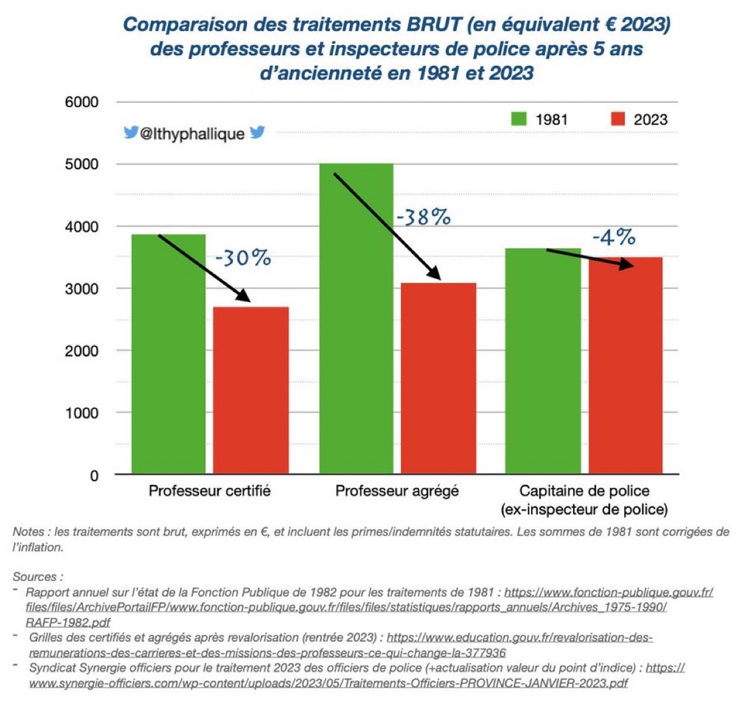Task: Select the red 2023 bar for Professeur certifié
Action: (251, 392)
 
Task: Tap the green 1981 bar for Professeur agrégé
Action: (357, 319)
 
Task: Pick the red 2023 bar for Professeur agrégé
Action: (439, 378)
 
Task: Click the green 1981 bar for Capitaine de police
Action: (544, 362)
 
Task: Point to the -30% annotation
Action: (243, 257)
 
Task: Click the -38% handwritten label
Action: (423, 217)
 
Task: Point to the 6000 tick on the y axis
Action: (82, 102)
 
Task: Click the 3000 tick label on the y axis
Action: (82, 289)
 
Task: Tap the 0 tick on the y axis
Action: (94, 475)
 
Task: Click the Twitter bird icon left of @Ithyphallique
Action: (131, 133)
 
